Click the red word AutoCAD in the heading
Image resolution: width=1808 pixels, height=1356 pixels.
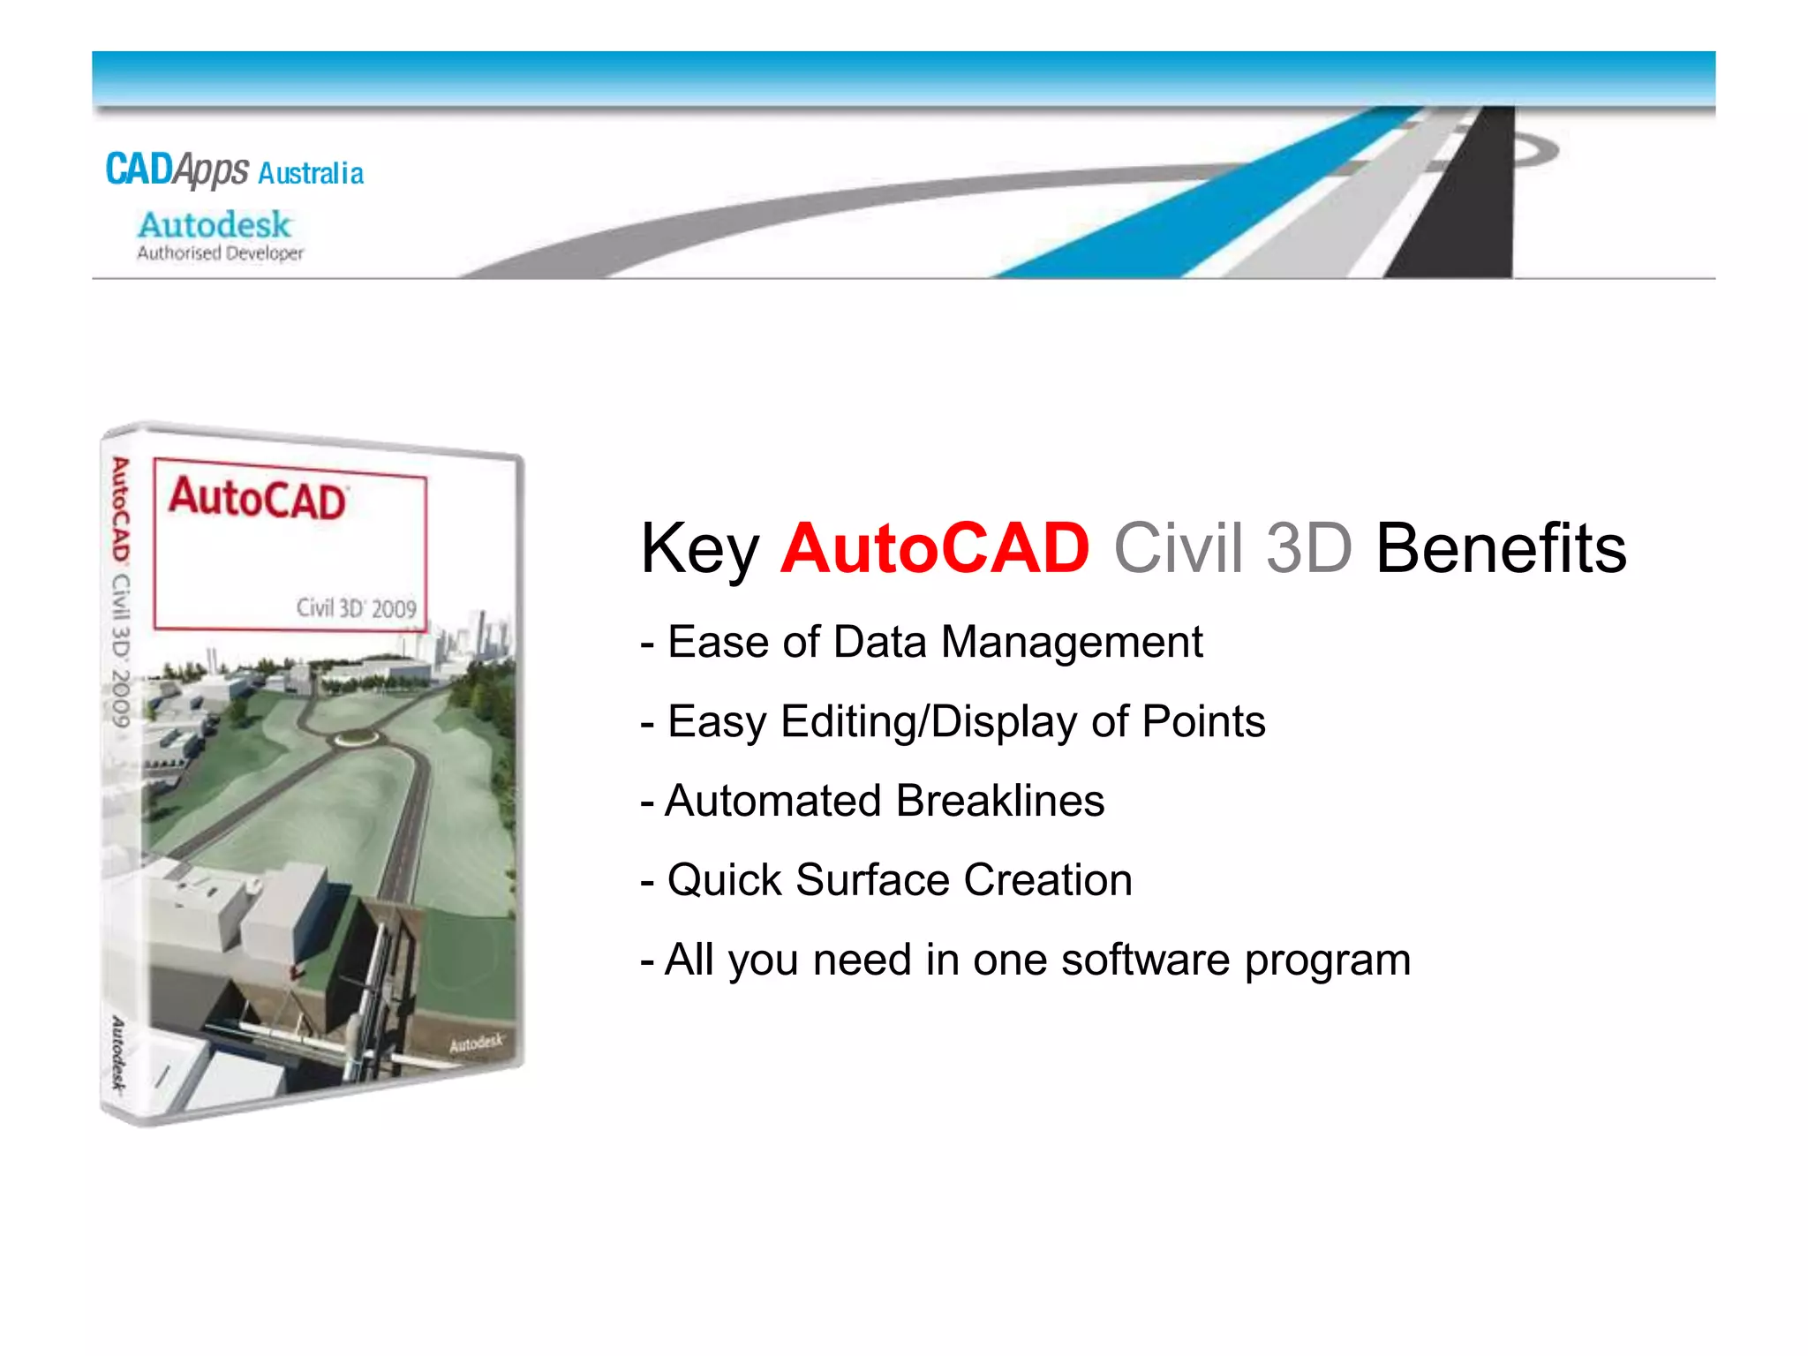[x=935, y=548]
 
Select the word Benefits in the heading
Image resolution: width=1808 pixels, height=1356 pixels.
[x=1500, y=548]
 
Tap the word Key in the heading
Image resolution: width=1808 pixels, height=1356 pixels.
[x=699, y=550]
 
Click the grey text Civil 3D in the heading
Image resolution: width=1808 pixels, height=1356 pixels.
[x=1232, y=548]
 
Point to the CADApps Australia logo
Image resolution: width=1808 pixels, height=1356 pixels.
[x=234, y=169]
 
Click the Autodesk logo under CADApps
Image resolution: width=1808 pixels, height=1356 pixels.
[x=214, y=225]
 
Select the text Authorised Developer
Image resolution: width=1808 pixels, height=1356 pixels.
[x=220, y=253]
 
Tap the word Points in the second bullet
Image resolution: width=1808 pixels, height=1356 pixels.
[x=1203, y=721]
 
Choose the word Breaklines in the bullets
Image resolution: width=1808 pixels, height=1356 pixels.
[x=999, y=801]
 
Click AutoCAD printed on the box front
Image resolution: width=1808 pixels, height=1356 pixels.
[x=257, y=499]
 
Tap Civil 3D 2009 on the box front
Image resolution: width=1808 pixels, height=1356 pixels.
[x=356, y=608]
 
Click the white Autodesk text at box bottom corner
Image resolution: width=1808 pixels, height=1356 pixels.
[x=476, y=1043]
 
